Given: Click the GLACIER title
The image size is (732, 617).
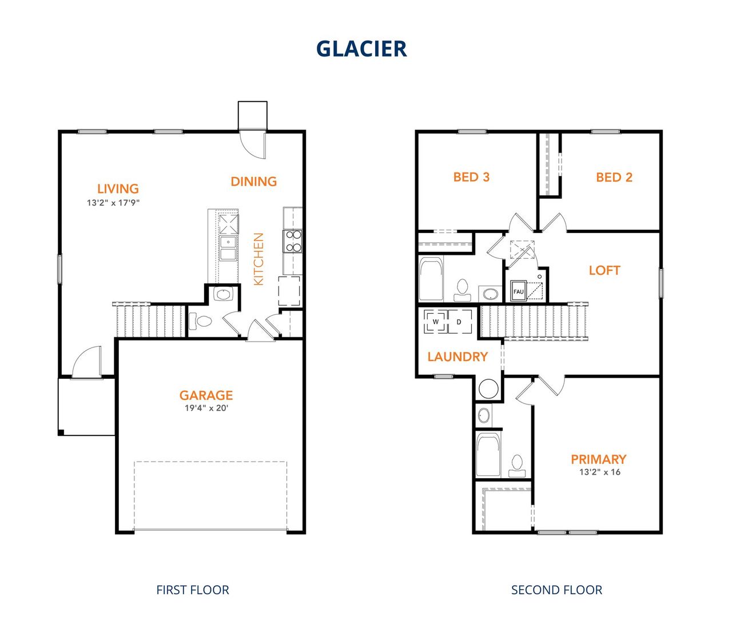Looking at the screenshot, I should (361, 49).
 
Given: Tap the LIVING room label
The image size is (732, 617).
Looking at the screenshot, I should (118, 189).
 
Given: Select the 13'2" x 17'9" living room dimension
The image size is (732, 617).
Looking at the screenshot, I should (113, 203).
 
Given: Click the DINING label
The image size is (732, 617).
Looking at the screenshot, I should (253, 182).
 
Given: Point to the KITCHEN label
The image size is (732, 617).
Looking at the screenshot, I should (258, 259).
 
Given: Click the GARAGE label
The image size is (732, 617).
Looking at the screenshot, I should (206, 395).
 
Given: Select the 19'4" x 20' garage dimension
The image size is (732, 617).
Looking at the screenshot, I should (206, 408).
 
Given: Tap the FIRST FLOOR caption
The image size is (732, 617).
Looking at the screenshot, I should (192, 590).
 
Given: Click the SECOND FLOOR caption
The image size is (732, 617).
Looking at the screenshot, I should (556, 590).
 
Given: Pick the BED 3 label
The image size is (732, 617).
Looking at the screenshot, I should (471, 177).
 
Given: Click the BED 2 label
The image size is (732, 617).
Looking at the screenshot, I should (614, 177).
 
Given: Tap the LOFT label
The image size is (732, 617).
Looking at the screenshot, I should (604, 270).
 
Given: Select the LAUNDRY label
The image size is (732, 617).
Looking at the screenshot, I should (457, 357).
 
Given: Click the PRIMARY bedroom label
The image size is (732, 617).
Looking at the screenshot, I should (598, 459).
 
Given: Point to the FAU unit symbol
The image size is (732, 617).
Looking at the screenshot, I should (519, 291).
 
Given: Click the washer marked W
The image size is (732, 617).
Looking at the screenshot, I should (436, 322).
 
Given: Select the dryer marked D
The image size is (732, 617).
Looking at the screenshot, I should (459, 322).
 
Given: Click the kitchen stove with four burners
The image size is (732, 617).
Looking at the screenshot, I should (293, 241).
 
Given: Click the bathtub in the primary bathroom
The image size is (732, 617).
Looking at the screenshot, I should (488, 455).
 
